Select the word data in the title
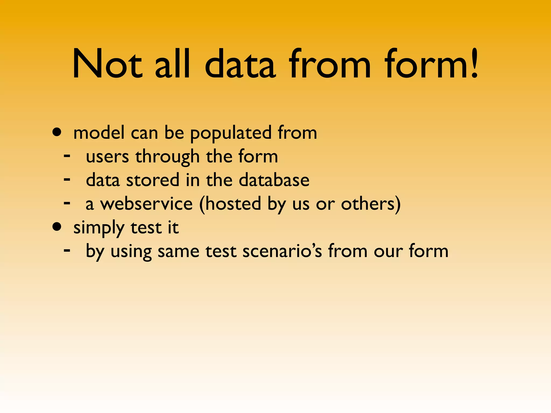(240, 65)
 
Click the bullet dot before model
(57, 132)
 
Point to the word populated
(231, 133)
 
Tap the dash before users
(67, 156)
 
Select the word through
(167, 157)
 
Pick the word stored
(153, 180)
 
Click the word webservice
(146, 204)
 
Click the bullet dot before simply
(57, 227)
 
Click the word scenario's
(282, 251)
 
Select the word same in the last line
(178, 251)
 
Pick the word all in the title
(173, 65)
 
